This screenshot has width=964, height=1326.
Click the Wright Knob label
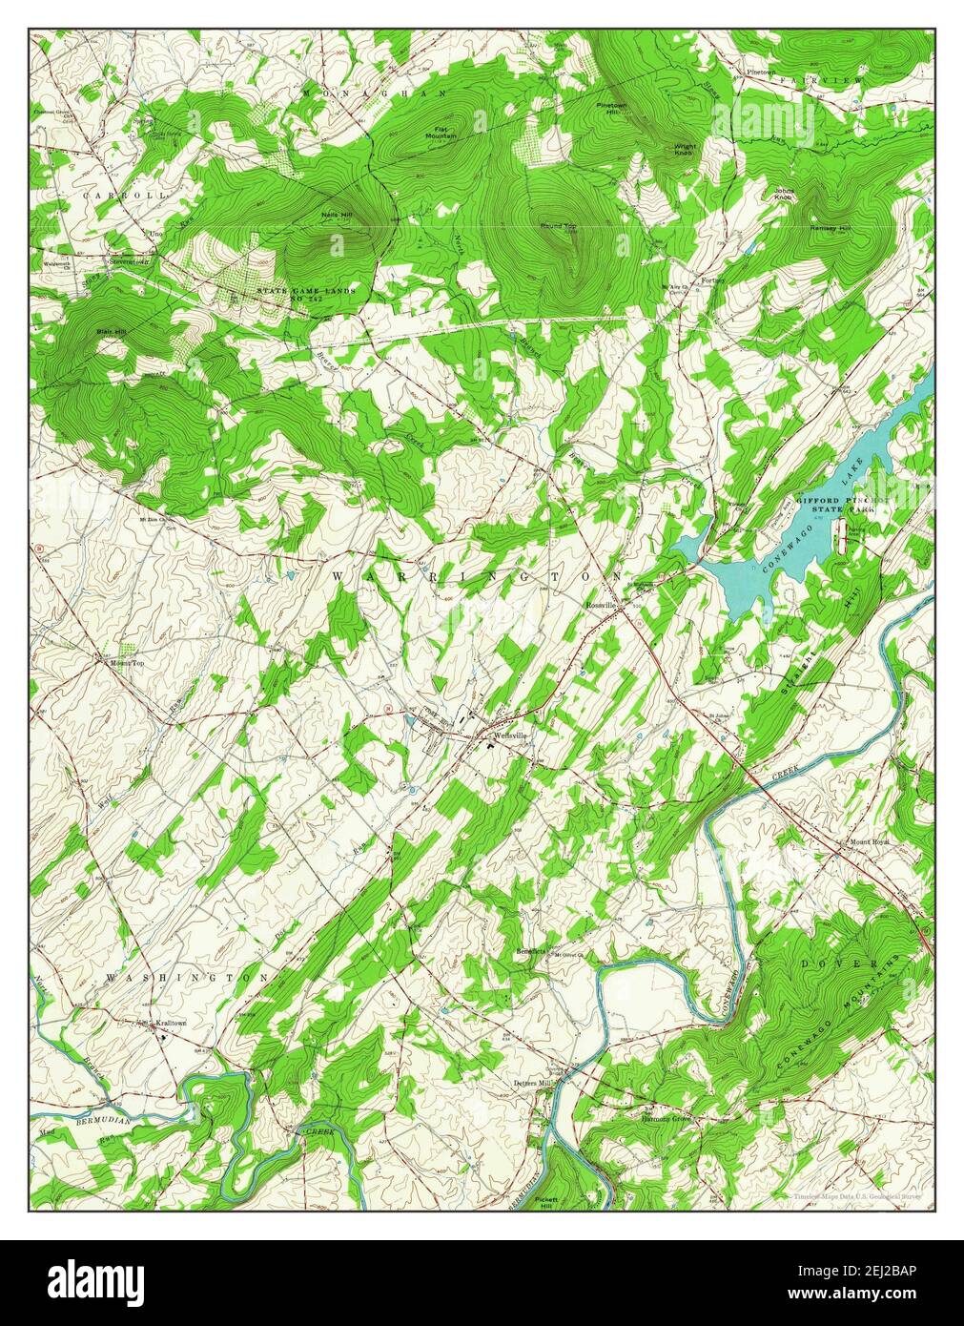(685, 150)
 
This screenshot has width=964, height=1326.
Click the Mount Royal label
(869, 843)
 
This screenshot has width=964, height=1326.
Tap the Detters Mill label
(532, 1084)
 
